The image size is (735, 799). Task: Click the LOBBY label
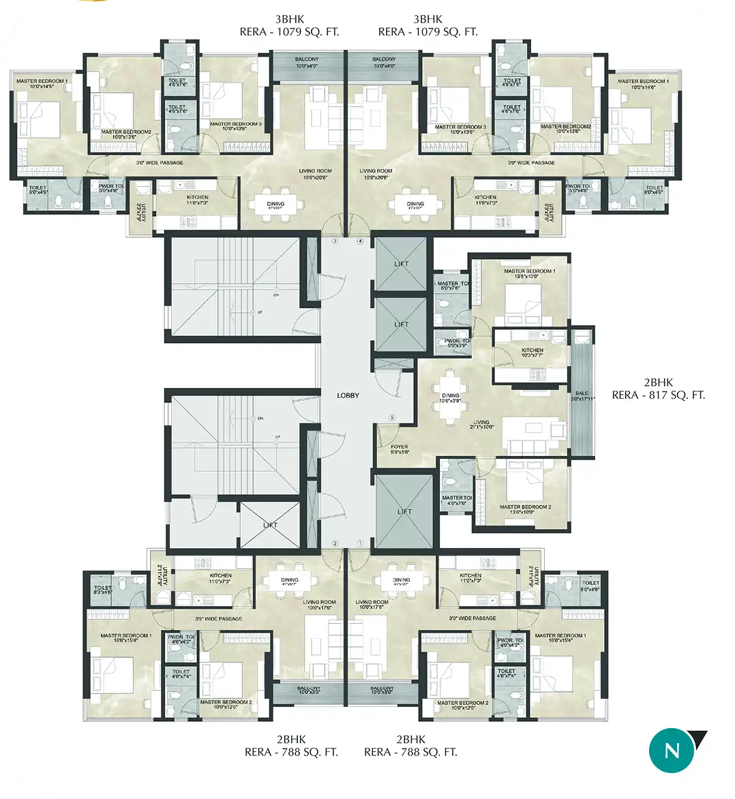point(348,395)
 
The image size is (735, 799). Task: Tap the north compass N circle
point(672,751)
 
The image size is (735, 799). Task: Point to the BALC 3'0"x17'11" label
point(584,396)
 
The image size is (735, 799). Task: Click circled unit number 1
point(360,543)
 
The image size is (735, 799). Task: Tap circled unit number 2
point(335,543)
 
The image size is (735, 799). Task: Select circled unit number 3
point(335,241)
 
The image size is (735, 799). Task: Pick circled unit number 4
point(360,241)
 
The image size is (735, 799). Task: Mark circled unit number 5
point(392,417)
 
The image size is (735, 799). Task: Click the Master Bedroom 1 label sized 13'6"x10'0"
point(530,274)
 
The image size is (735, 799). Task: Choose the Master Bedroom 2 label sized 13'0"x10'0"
point(525,510)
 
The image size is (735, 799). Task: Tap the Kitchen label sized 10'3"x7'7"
point(532,352)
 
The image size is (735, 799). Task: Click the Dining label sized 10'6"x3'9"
point(451,398)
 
